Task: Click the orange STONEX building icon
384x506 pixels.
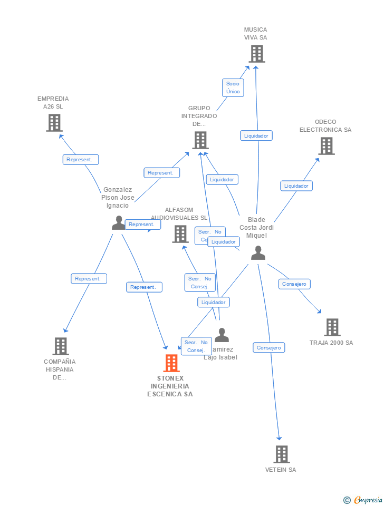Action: (171, 363)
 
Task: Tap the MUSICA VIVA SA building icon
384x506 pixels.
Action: (256, 54)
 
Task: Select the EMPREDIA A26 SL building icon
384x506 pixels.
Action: (54, 123)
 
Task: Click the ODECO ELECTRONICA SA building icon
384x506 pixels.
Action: (327, 146)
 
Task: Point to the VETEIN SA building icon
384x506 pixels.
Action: (282, 454)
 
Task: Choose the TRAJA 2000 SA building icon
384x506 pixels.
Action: (332, 327)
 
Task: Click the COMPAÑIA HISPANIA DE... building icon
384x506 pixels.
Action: (61, 346)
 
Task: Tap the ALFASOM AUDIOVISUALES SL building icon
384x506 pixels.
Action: (180, 234)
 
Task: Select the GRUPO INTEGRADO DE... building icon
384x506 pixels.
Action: (200, 140)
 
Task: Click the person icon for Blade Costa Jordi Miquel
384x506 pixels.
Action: (258, 253)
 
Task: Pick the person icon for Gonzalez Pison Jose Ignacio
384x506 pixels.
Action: (119, 223)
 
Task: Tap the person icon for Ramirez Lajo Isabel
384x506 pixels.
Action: (222, 335)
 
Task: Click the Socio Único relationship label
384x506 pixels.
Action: (233, 87)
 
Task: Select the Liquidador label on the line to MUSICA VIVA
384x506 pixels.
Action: (256, 135)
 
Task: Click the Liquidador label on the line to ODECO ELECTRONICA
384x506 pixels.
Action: (296, 186)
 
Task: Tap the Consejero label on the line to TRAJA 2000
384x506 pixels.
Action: (294, 284)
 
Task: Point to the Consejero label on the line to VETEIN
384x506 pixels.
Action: (270, 347)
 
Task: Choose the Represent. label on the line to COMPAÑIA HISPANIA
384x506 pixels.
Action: (89, 278)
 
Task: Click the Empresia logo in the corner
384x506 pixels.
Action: (363, 500)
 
